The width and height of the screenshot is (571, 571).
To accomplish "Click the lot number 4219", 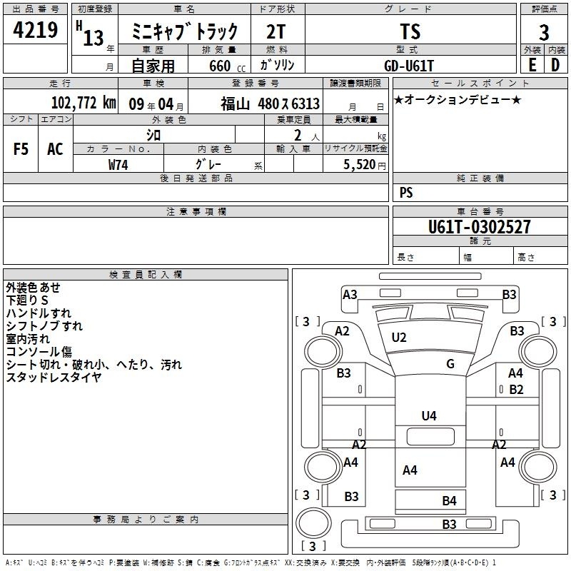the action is point(35,30).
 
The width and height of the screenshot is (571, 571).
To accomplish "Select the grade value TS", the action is point(410,31).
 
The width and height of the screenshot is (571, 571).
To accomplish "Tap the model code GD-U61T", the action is point(409,66).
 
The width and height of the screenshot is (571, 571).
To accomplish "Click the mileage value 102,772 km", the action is point(84,103).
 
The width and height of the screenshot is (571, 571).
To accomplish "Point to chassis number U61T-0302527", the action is point(479,226).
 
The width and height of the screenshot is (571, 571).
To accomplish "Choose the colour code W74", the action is point(118,165).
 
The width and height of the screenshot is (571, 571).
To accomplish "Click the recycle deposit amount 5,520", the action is point(360,165).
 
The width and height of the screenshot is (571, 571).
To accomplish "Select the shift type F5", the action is point(21,149).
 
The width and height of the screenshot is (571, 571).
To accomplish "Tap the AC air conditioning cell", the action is point(55,149).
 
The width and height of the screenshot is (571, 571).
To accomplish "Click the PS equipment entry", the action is point(406,193).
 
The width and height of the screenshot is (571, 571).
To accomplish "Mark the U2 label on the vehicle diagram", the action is point(399,338).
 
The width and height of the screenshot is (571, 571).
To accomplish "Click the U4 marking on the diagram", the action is point(429,416).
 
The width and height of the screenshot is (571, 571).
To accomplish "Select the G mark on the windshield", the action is point(450,363).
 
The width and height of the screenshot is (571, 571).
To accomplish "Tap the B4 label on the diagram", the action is point(449,501).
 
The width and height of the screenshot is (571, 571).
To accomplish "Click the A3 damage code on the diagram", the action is point(350,295).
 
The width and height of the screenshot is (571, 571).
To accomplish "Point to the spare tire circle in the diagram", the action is point(313,523).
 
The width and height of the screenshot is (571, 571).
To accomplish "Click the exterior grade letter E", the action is point(532,65).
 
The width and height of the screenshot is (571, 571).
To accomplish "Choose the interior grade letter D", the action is point(555,65).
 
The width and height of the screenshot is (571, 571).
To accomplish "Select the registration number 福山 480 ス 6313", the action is point(271,104).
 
